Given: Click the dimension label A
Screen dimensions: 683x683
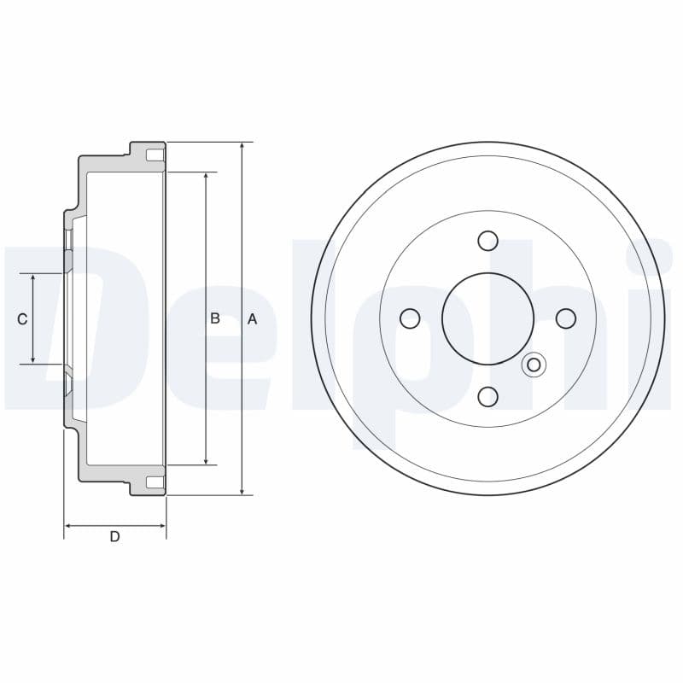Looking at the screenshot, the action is coord(252,319).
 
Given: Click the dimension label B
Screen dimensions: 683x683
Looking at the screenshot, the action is coord(215,318).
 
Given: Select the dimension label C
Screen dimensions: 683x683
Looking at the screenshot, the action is coord(22,319).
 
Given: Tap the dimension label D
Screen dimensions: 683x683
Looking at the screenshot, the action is coord(114,537).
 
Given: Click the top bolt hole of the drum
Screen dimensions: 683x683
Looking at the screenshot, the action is coord(487,241).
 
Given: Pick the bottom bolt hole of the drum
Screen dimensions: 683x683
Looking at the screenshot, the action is coord(487,396).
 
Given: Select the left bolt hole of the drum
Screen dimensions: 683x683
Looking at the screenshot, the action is coord(410,318).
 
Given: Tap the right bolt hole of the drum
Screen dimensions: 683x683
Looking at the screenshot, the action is coord(566,318).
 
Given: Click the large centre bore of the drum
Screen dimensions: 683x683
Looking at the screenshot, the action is coord(487,318).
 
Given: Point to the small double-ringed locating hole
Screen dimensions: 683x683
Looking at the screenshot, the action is coord(534,365).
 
